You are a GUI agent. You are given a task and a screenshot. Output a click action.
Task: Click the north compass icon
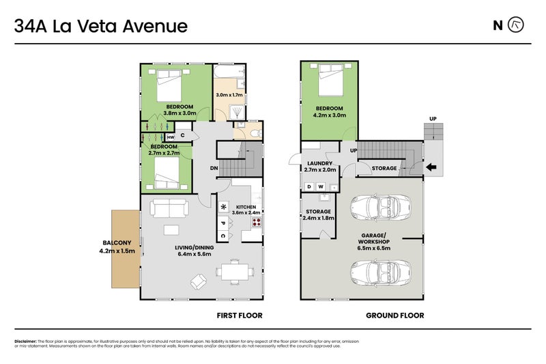[517, 26]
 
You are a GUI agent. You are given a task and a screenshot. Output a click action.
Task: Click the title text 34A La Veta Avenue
[101, 27]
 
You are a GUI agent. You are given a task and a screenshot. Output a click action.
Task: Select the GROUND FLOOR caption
[394, 316]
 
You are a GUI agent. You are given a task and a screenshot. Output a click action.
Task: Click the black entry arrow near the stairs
[431, 167]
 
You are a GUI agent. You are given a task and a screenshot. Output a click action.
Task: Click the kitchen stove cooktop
[257, 221]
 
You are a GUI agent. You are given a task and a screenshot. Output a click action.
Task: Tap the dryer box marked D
[309, 186]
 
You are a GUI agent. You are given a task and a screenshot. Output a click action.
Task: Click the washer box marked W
[320, 186]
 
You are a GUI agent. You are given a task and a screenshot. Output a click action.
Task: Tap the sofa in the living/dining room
[167, 208]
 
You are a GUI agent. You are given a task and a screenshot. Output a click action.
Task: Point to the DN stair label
[214, 168]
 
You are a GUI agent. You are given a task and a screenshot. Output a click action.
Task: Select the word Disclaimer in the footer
[25, 341]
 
